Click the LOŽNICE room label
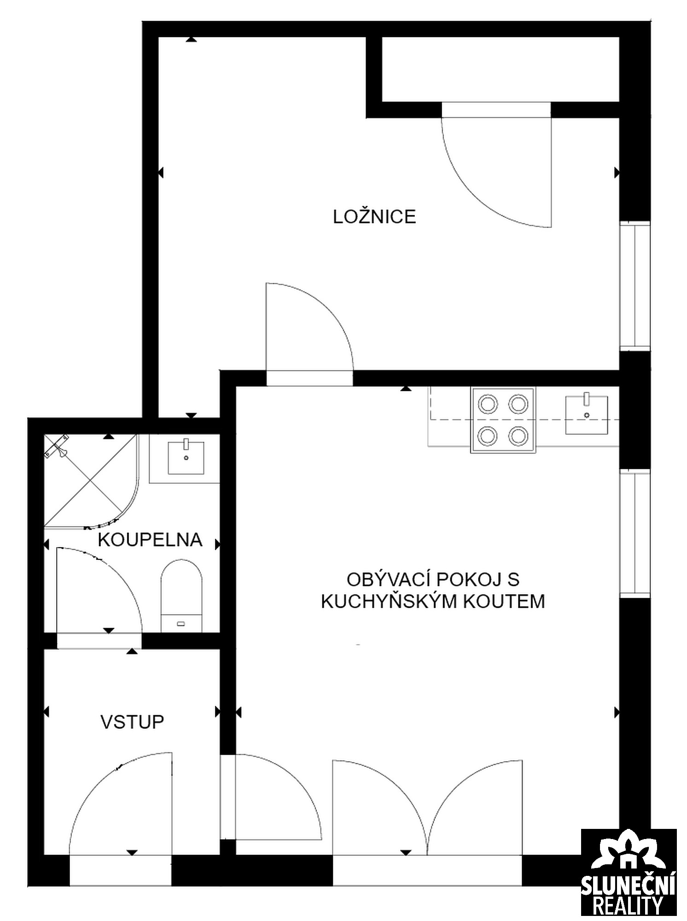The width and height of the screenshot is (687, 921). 374,216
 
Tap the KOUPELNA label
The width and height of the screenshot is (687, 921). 150,540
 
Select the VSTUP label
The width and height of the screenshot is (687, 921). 132,722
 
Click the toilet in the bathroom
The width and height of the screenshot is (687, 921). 181,596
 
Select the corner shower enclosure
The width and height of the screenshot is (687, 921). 91,480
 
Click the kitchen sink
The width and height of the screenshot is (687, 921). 586,414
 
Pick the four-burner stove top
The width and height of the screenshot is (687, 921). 503,420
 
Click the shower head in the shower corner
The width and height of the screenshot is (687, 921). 57,446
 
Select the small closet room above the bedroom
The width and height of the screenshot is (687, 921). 501,69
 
